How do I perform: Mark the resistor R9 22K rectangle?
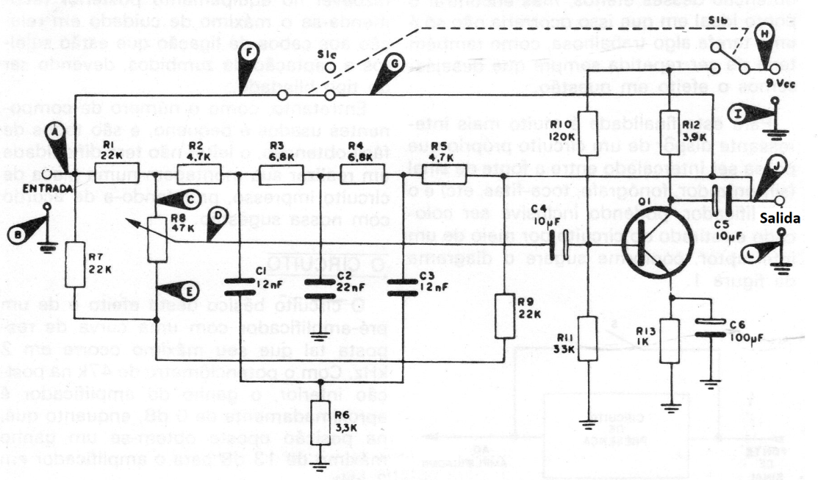point(504,314)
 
